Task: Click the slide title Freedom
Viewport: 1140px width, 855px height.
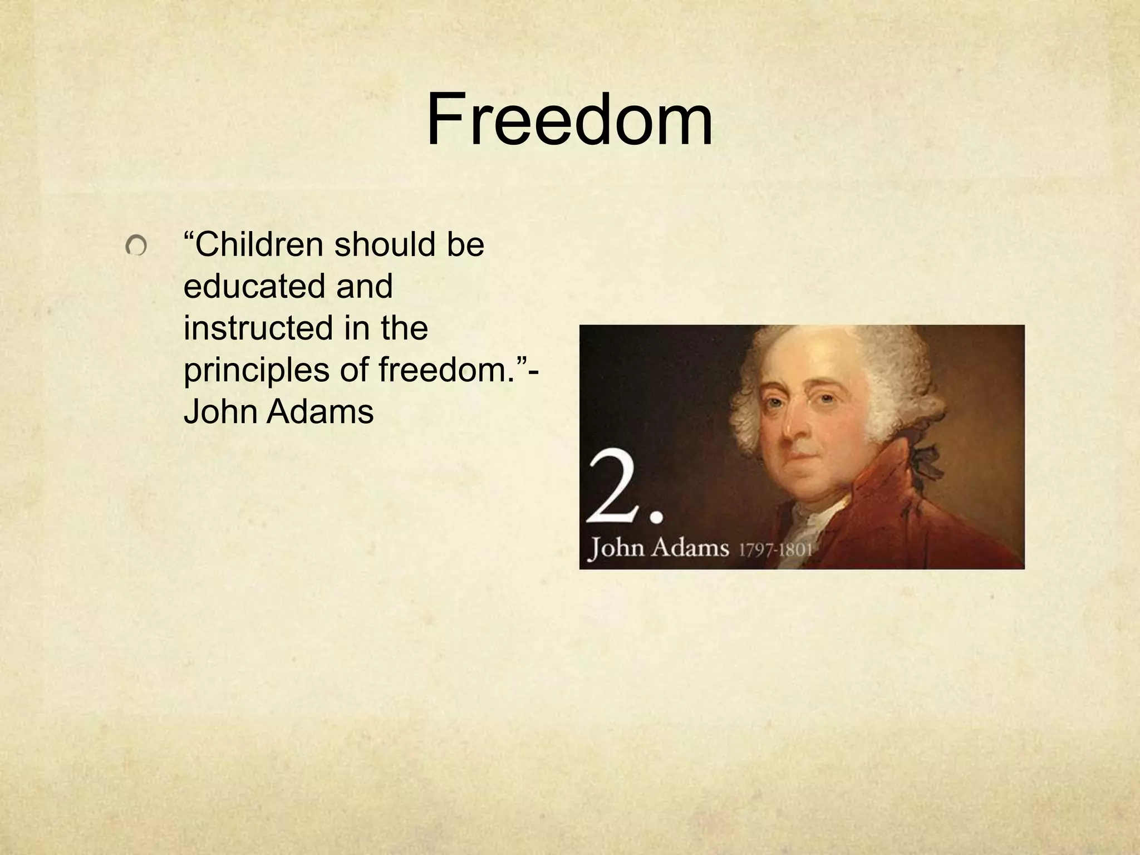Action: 569,120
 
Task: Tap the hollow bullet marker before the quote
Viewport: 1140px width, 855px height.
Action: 136,245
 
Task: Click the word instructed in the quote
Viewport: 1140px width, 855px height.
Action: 258,328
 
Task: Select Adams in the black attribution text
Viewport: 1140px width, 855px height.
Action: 320,412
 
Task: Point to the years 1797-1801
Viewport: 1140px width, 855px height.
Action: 775,550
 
